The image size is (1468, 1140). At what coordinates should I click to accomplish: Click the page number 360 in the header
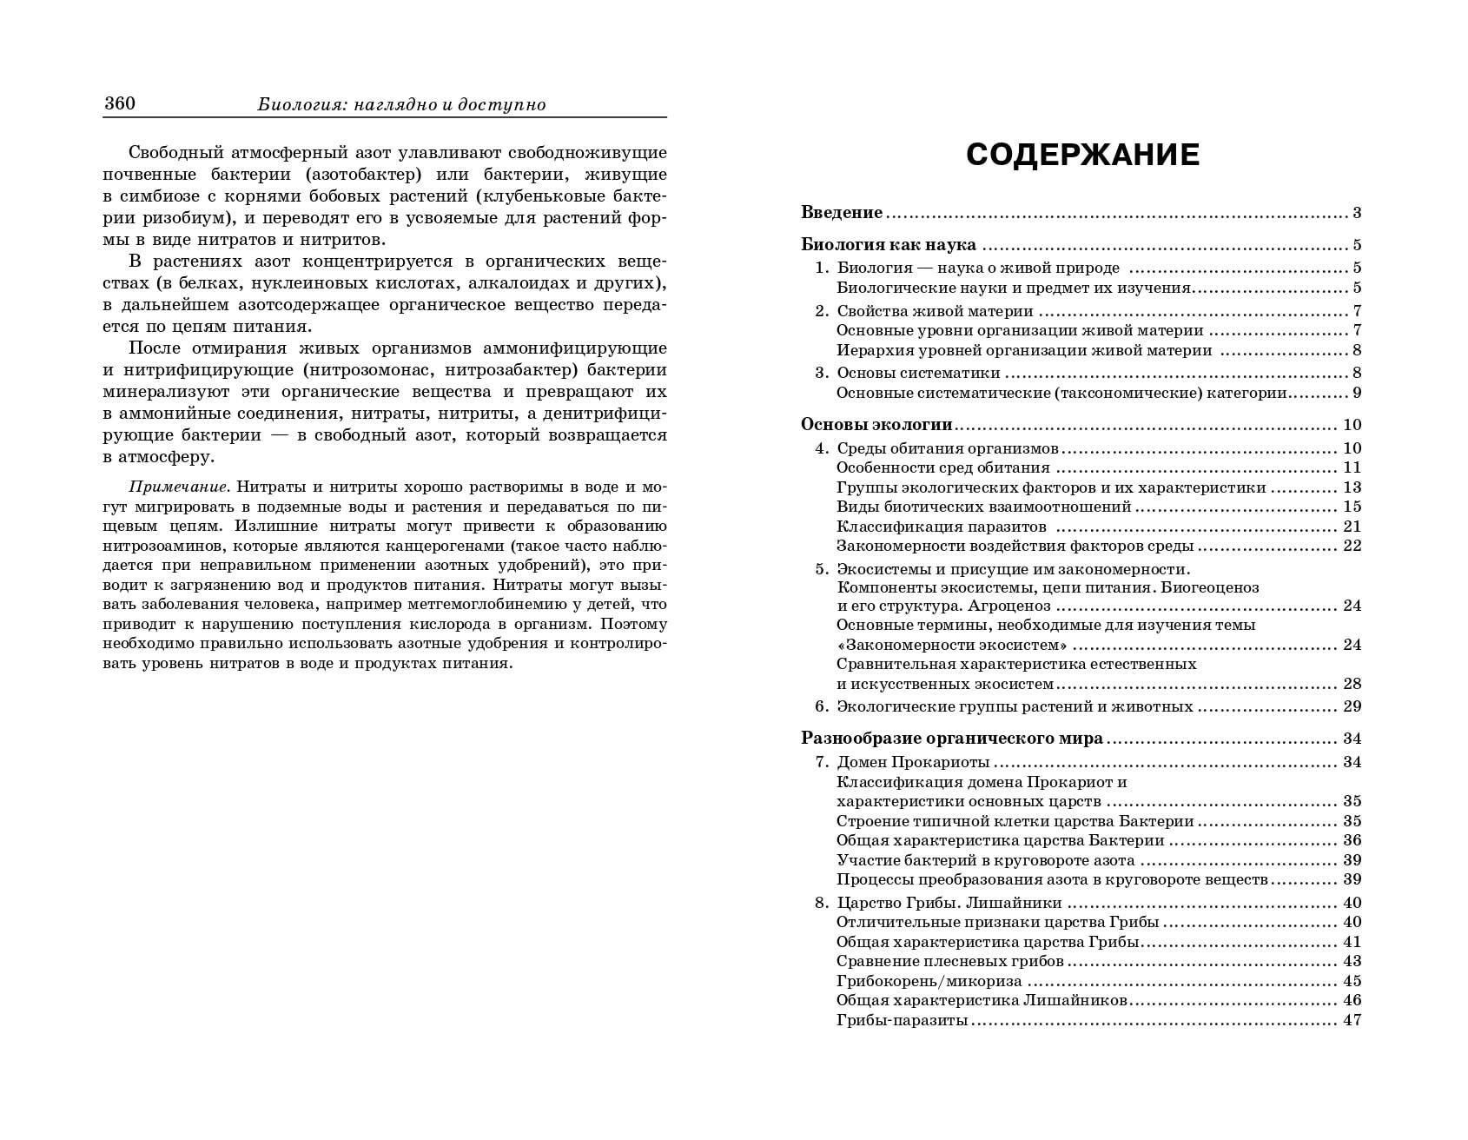[120, 103]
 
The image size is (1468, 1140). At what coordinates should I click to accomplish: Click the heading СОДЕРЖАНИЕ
[1082, 156]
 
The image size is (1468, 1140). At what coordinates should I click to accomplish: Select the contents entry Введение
[842, 213]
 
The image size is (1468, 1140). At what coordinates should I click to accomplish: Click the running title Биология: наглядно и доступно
[401, 105]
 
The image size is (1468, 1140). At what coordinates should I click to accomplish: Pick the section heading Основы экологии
[876, 425]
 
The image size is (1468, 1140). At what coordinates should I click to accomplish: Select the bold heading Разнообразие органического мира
[951, 739]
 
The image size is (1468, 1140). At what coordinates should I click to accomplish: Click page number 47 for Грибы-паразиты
[1352, 1020]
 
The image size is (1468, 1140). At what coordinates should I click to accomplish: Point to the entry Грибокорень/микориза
[929, 981]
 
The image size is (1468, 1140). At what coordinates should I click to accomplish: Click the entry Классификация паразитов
[941, 527]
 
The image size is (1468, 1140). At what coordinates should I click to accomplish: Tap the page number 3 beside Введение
[1357, 213]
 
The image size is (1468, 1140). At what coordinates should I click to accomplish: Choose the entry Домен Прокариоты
[913, 762]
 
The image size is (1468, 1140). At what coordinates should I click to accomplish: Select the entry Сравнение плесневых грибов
[949, 961]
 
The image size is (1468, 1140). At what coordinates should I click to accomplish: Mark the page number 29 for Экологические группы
[1352, 706]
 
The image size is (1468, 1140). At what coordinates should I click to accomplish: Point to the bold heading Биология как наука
[888, 245]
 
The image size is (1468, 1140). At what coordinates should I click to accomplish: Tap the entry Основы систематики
[918, 373]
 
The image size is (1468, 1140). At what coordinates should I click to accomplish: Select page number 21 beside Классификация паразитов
[1352, 527]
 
